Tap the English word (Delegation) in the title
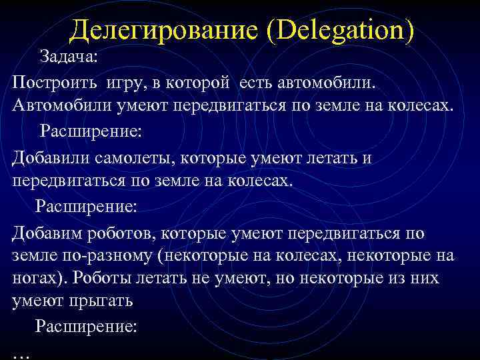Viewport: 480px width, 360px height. coord(340,30)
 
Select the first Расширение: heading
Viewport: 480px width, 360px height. coord(91,129)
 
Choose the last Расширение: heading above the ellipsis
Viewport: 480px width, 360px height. coord(87,327)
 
